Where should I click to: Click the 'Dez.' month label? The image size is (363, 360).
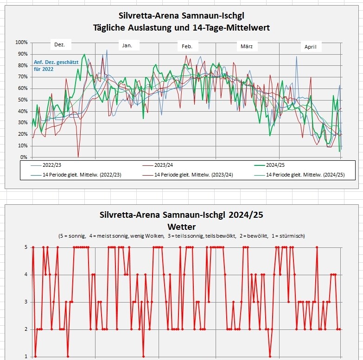coord(59,45)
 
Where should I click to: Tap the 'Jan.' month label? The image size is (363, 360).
coord(127,45)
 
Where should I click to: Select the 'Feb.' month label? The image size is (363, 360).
coord(187,46)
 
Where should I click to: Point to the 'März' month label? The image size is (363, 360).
coord(246,46)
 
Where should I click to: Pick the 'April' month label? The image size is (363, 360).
coord(310,47)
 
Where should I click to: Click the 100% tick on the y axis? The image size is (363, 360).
coord(21,43)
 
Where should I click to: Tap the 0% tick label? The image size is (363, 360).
coord(24,158)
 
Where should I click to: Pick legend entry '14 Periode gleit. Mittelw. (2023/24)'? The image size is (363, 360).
coord(193,175)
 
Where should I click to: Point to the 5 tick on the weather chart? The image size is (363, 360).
coord(26,247)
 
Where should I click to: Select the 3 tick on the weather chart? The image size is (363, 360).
coord(26,302)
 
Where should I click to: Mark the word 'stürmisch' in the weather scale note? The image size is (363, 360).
coord(292,236)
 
